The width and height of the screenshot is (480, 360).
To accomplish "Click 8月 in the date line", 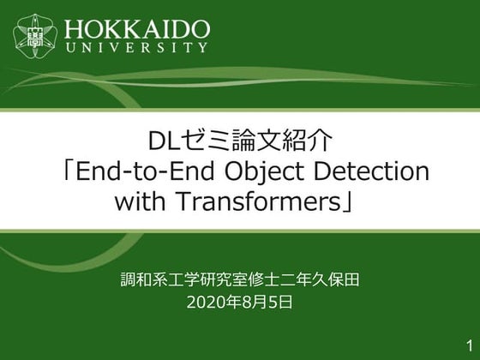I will tap(255, 303).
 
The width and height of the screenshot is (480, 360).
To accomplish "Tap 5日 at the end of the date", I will tap(282, 303).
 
